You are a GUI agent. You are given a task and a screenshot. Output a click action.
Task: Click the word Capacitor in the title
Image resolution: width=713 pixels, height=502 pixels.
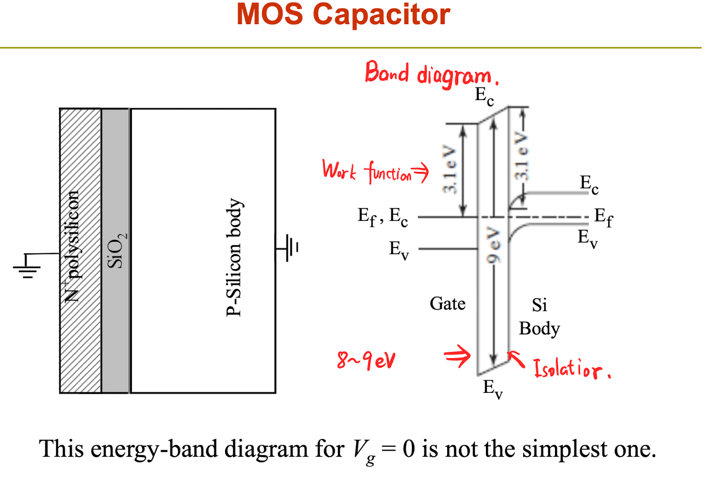pyautogui.click(x=381, y=15)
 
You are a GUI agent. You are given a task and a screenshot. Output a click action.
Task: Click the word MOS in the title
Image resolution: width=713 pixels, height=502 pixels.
pyautogui.click(x=269, y=14)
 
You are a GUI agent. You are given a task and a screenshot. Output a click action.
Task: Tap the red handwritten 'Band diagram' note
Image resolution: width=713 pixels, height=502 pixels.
pyautogui.click(x=432, y=74)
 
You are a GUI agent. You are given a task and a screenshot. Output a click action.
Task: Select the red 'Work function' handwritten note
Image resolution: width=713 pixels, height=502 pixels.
pyautogui.click(x=375, y=172)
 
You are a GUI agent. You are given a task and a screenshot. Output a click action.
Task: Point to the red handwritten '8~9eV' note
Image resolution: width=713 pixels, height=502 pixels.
pyautogui.click(x=366, y=361)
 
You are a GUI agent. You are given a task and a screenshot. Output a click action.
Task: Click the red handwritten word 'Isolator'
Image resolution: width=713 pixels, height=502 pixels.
pyautogui.click(x=572, y=369)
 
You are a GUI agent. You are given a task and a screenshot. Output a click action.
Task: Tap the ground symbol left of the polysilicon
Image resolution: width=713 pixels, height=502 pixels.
pyautogui.click(x=27, y=266)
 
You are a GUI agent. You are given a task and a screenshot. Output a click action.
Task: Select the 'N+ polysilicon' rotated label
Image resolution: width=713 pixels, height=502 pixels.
pyautogui.click(x=72, y=246)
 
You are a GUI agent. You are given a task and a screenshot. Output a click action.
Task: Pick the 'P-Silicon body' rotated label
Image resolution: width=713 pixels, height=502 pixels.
pyautogui.click(x=234, y=257)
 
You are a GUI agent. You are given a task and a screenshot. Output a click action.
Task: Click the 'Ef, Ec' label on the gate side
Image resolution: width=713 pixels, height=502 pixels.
pyautogui.click(x=383, y=217)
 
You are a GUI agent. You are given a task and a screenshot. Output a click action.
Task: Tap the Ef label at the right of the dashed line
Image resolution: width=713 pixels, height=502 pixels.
pyautogui.click(x=604, y=217)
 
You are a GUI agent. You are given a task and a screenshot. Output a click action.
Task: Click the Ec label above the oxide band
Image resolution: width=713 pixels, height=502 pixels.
pyautogui.click(x=484, y=97)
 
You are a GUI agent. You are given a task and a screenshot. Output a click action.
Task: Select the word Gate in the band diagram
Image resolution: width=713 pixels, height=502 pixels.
pyautogui.click(x=448, y=304)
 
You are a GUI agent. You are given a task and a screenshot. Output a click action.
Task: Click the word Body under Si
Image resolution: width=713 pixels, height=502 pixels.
pyautogui.click(x=539, y=329)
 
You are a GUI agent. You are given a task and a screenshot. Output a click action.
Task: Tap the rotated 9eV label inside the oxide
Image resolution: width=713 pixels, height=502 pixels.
pyautogui.click(x=493, y=244)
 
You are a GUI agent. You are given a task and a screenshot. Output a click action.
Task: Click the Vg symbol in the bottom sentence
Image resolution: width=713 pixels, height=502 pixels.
pyautogui.click(x=364, y=452)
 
